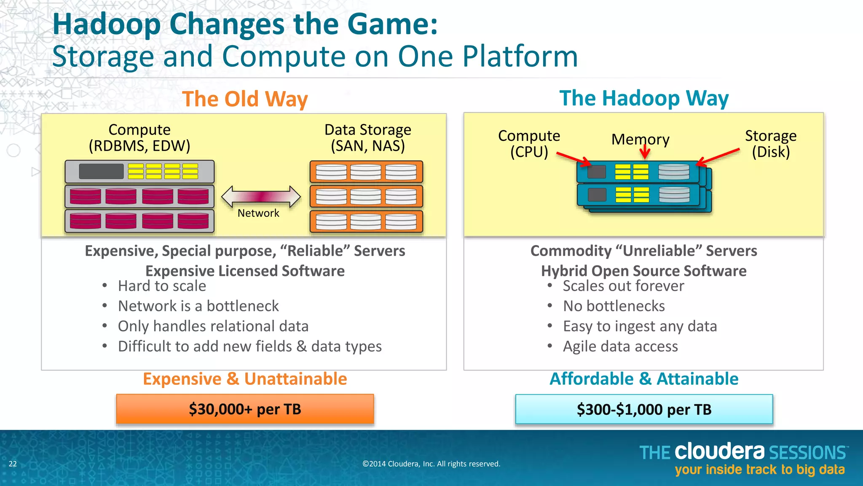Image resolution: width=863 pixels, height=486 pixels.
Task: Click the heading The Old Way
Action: (245, 100)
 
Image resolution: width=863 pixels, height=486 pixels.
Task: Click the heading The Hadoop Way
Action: (643, 99)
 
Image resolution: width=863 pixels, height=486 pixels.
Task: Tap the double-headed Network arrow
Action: (261, 196)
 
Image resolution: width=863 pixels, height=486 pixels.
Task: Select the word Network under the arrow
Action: (258, 213)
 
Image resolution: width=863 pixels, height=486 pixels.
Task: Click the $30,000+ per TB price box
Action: (245, 409)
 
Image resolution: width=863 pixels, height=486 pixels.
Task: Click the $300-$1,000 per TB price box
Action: (643, 409)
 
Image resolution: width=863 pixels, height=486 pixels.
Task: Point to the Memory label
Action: (640, 139)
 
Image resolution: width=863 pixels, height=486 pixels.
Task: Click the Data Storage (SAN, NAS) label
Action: (367, 138)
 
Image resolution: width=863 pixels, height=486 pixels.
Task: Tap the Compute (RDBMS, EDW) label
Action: (139, 138)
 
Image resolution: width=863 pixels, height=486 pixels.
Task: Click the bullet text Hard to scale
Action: (162, 286)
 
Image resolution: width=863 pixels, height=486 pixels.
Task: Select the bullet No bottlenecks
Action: (614, 306)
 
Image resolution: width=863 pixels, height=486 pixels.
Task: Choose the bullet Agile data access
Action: (620, 346)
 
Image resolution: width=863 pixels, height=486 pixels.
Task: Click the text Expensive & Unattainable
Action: (245, 379)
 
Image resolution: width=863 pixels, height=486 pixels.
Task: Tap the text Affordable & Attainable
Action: (643, 379)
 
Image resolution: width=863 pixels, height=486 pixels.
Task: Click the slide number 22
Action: (13, 464)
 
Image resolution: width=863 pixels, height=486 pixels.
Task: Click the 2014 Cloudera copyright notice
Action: (431, 464)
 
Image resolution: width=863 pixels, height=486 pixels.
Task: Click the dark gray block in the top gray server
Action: (101, 171)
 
